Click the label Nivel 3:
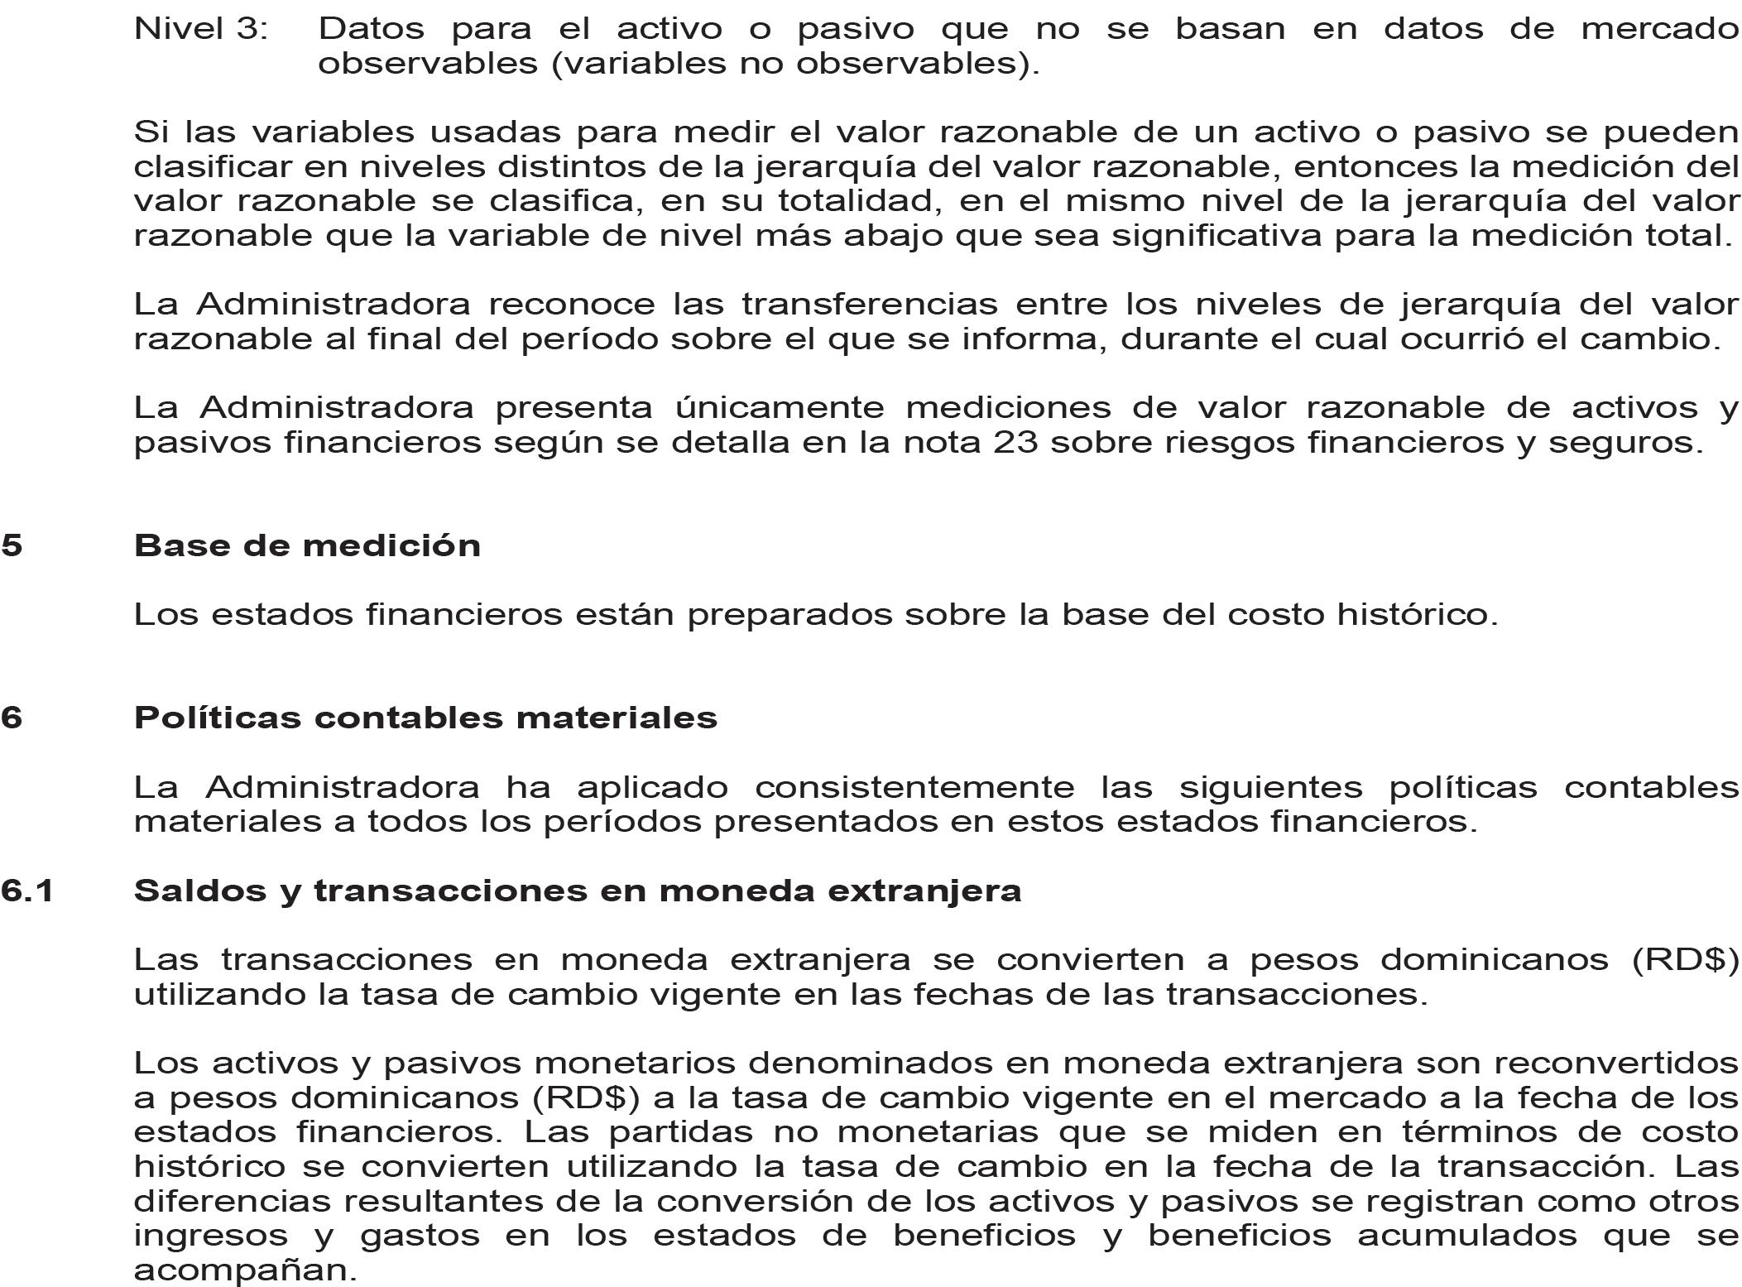tap(201, 30)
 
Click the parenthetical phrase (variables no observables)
tap(794, 65)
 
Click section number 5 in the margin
tap(12, 546)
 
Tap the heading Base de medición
tap(307, 546)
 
